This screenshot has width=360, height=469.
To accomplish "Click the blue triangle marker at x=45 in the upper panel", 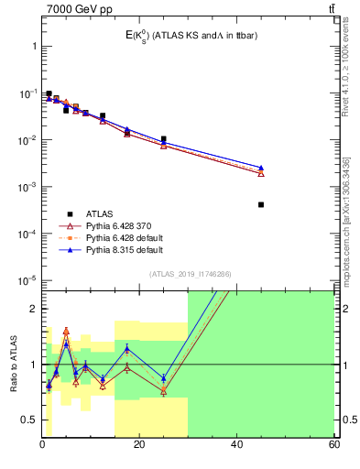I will [261, 168].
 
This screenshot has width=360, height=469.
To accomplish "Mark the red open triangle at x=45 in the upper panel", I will [261, 173].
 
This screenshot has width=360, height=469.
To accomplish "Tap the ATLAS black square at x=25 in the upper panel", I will [164, 139].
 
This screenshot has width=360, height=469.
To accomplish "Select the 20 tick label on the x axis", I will [139, 444].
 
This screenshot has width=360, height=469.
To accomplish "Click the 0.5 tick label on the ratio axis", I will [28, 420].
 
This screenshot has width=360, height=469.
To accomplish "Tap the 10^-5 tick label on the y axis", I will [27, 280].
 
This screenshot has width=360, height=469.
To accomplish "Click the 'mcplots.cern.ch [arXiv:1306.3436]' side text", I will [345, 211].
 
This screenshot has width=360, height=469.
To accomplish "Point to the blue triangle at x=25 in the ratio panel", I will [164, 377].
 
